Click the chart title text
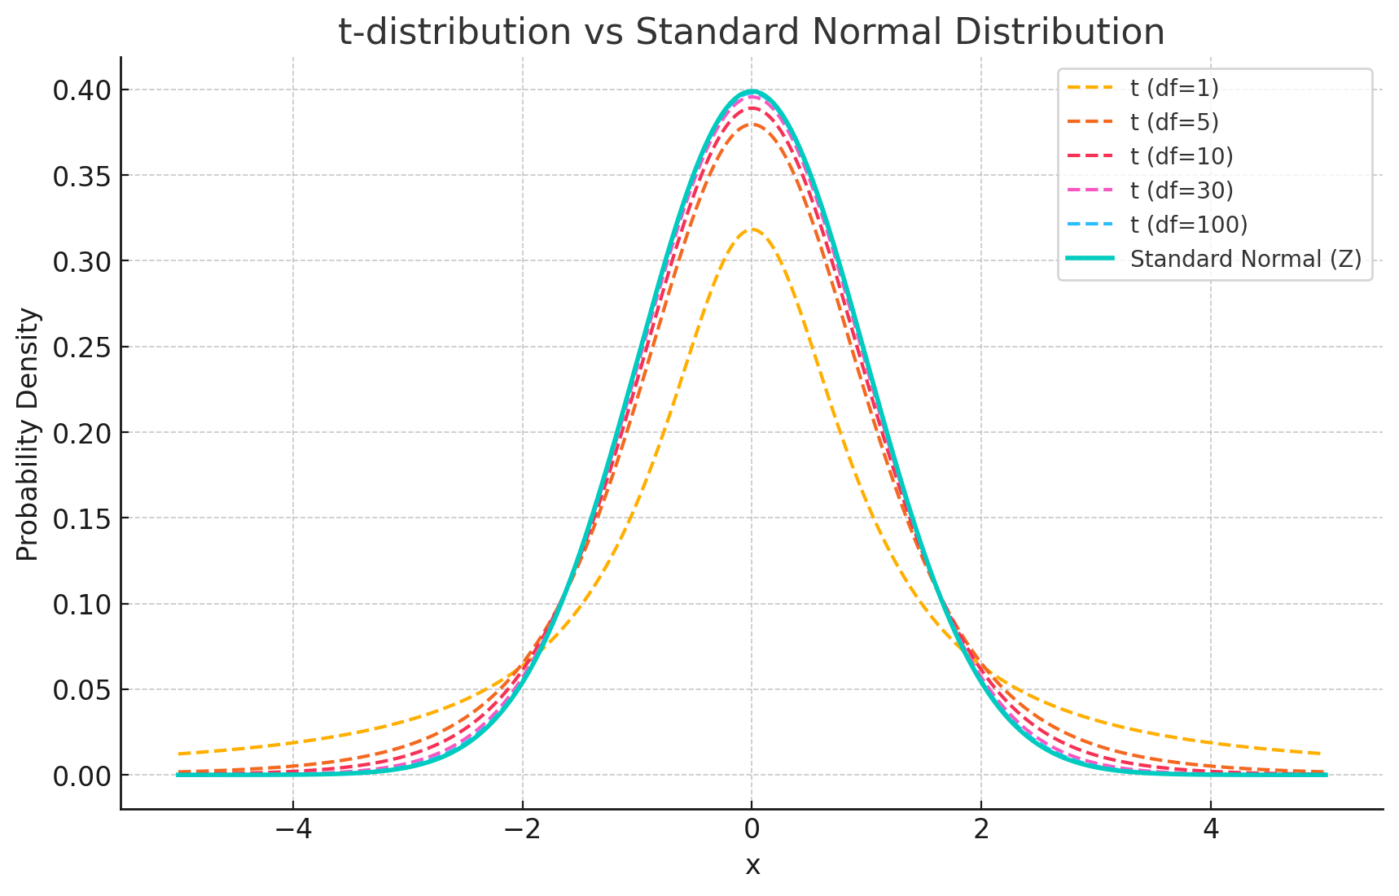click(x=751, y=33)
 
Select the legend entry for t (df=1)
click(x=1173, y=88)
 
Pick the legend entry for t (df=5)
click(x=1173, y=122)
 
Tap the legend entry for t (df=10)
click(x=1181, y=156)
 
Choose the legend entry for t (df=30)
click(x=1181, y=190)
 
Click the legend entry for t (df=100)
click(x=1188, y=225)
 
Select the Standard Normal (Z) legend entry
click(x=1245, y=259)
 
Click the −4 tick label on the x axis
click(x=293, y=829)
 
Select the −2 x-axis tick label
click(x=523, y=829)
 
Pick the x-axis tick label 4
click(x=1211, y=829)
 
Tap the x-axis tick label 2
click(x=981, y=829)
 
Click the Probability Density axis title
click(x=28, y=434)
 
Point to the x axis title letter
click(x=752, y=865)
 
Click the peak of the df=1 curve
click(x=752, y=229)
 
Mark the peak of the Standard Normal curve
click(x=752, y=91)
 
